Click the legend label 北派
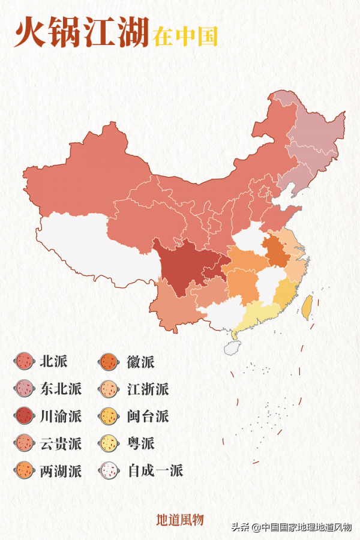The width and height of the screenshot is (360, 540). click(53, 361)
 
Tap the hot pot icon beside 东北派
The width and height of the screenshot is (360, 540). click(24, 389)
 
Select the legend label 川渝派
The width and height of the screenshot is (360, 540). click(61, 416)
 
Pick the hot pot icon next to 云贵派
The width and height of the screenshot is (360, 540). click(24, 443)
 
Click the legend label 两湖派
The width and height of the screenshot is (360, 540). click(61, 470)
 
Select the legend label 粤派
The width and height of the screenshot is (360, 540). click(140, 443)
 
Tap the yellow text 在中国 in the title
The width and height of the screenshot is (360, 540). click(185, 36)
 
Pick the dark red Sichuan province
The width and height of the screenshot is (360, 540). click(180, 264)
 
